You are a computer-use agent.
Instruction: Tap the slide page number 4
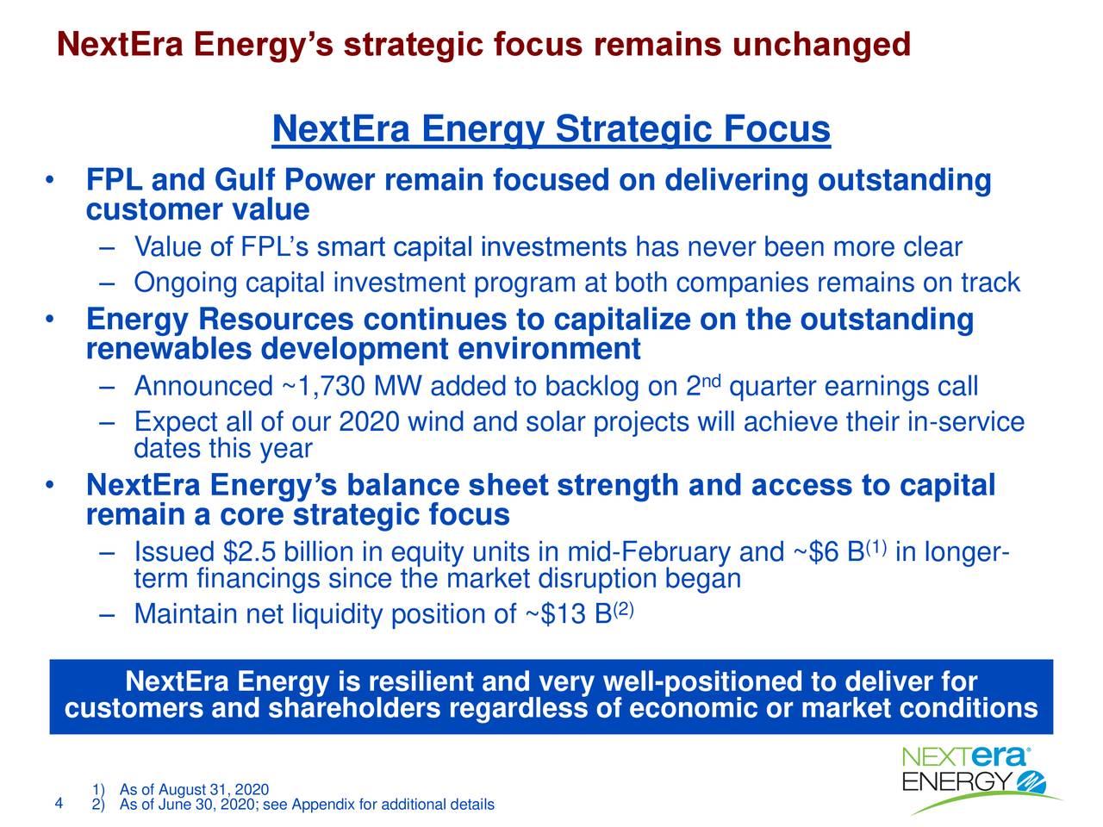click(58, 804)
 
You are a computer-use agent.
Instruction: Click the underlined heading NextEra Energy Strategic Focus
click(551, 130)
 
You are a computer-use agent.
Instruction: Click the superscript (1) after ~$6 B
click(876, 546)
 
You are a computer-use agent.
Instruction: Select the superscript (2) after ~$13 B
click(624, 610)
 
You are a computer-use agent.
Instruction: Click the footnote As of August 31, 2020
click(194, 790)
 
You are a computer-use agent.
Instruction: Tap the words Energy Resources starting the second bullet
click(220, 320)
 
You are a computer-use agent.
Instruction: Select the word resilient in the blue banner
click(421, 683)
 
